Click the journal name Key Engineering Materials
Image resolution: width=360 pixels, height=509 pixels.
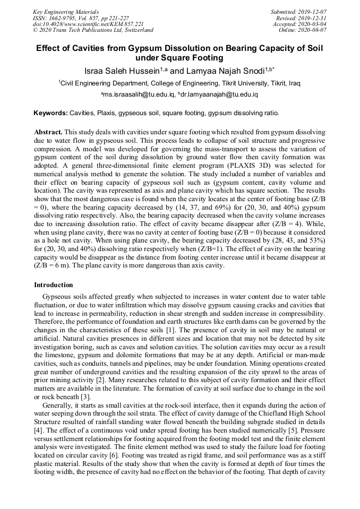[65, 11]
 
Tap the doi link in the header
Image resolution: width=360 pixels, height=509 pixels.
[88, 24]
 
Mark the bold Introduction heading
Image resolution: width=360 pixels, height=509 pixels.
[54, 285]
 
